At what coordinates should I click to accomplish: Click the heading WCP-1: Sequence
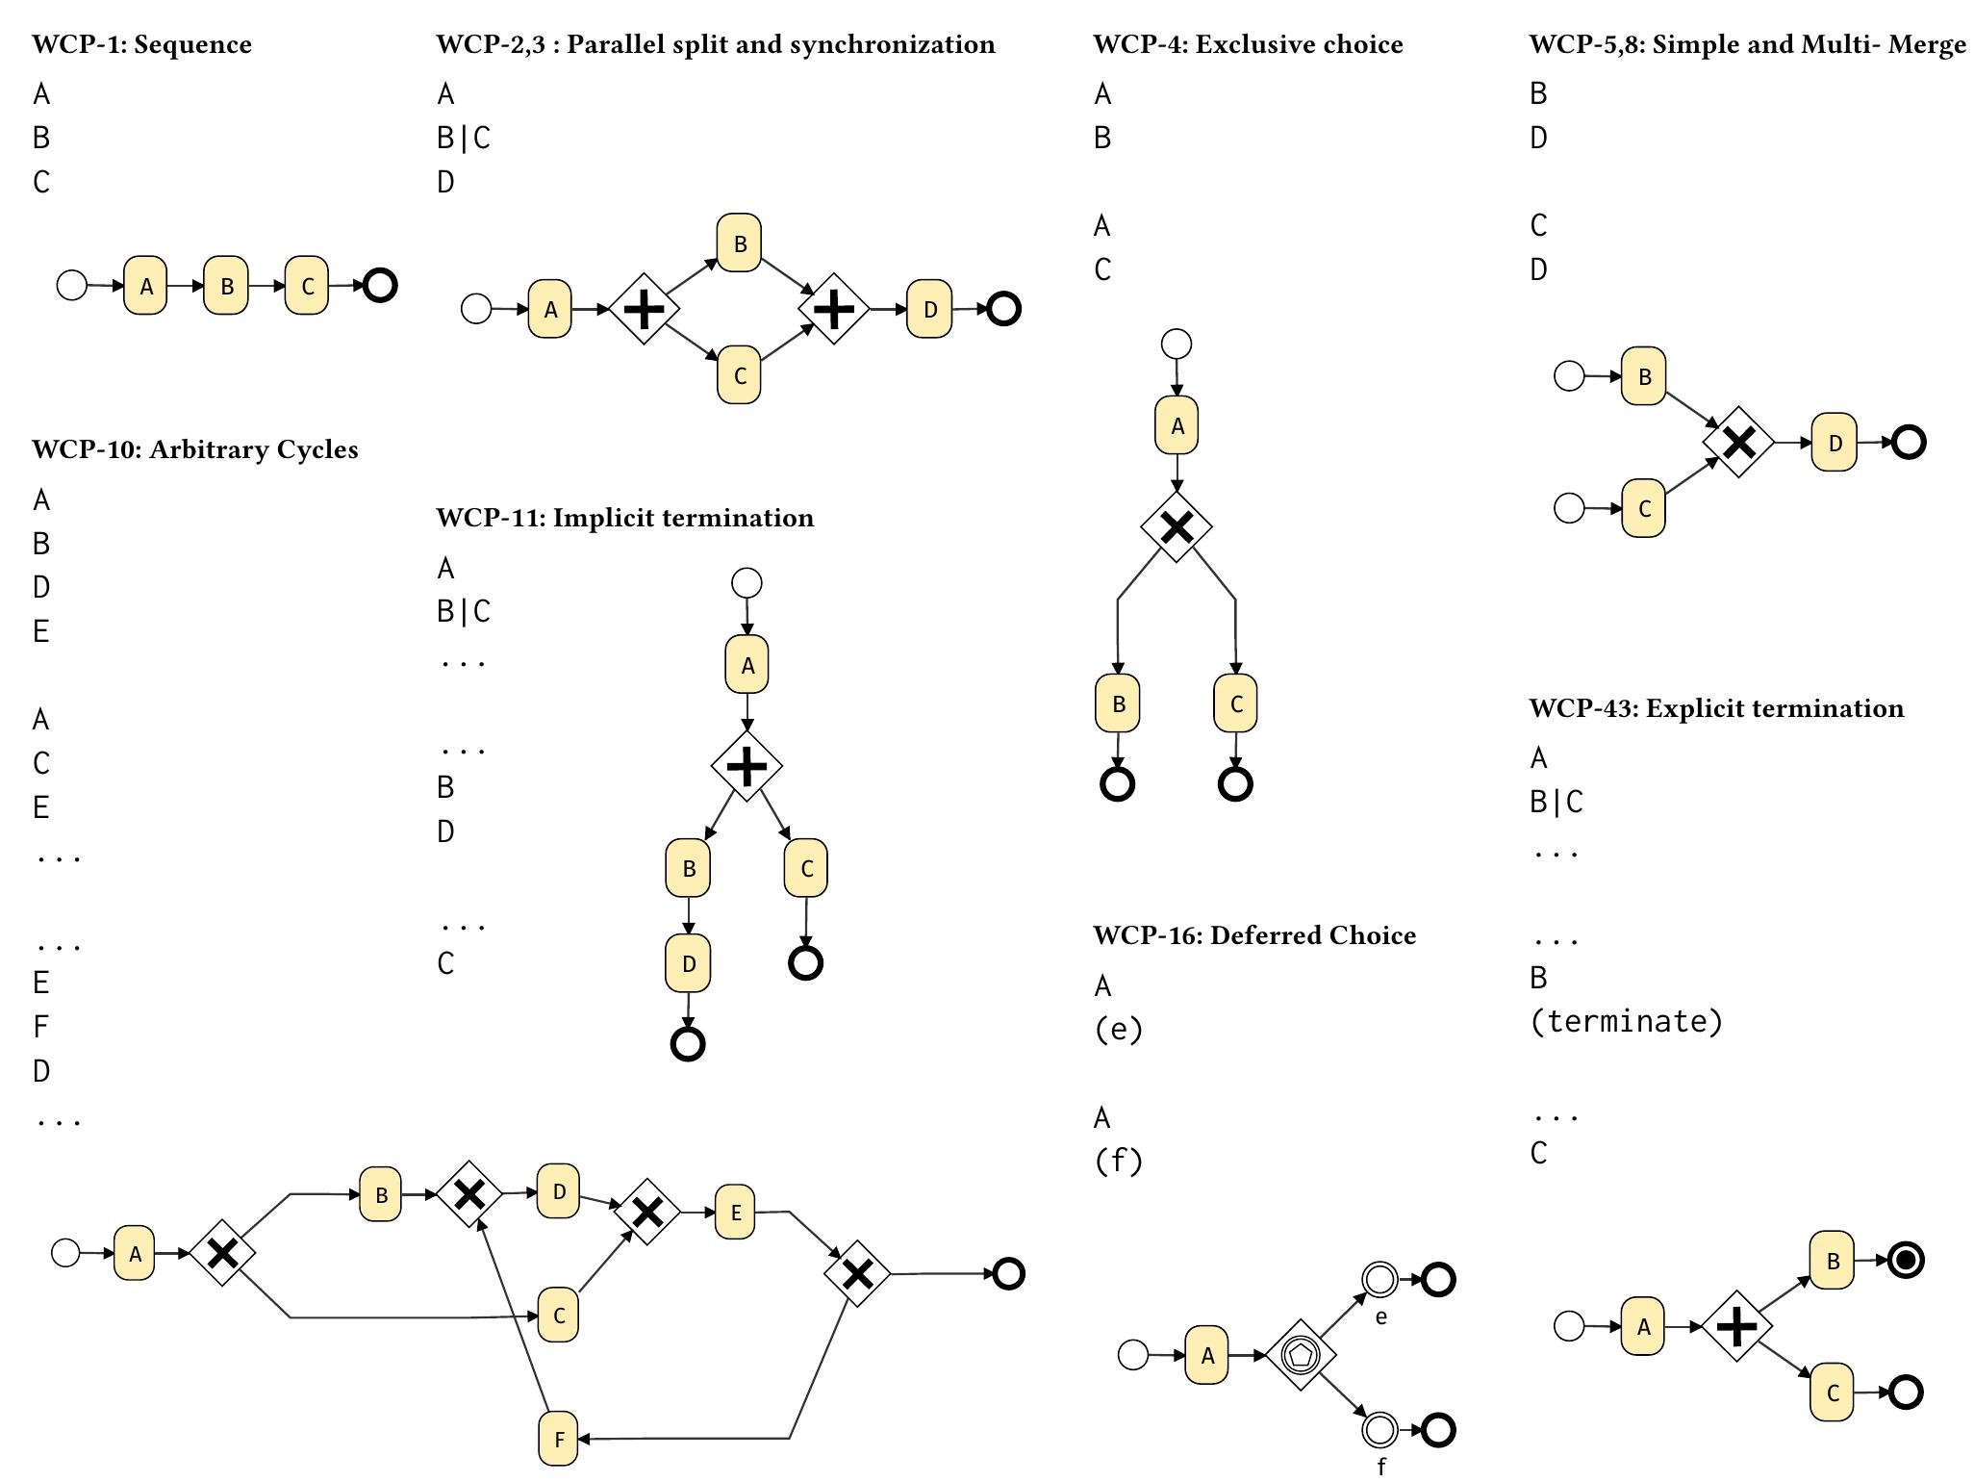click(142, 44)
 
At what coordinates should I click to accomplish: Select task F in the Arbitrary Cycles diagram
click(559, 1439)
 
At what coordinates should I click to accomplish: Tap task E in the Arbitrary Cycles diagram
click(735, 1212)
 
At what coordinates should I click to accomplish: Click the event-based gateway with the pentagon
click(1301, 1355)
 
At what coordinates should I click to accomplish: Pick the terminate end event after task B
click(1906, 1260)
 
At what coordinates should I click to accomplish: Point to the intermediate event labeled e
click(1379, 1280)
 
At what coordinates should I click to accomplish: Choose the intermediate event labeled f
click(1379, 1430)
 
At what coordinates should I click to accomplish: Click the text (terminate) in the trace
click(1626, 1021)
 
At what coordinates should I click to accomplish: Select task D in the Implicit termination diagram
click(688, 963)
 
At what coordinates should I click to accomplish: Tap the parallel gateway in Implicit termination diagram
click(747, 766)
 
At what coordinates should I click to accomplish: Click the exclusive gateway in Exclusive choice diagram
click(1177, 526)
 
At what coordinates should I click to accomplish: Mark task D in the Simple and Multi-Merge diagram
click(1835, 443)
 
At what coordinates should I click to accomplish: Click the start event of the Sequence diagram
click(72, 286)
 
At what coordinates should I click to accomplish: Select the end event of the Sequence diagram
click(380, 286)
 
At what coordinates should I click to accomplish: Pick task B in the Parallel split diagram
click(739, 243)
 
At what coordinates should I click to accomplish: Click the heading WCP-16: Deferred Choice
click(1254, 935)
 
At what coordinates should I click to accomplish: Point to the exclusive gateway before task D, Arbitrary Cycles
click(469, 1194)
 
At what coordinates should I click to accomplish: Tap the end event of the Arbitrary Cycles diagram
click(1008, 1274)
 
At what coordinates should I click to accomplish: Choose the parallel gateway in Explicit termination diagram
click(1737, 1327)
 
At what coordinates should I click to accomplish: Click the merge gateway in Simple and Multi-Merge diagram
click(1738, 443)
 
